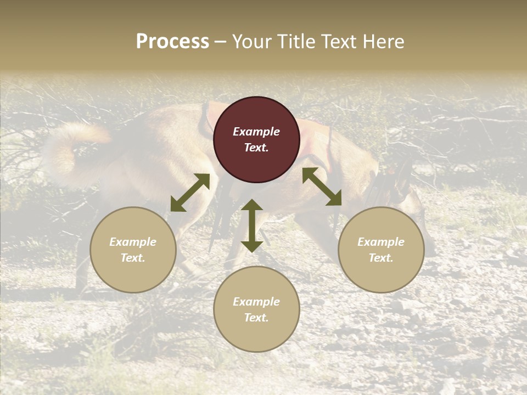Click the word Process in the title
tap(172, 42)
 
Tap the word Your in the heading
tap(253, 42)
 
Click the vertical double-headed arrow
tap(252, 225)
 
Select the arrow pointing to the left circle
tap(190, 193)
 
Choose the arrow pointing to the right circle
tap(322, 187)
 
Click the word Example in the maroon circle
tap(256, 132)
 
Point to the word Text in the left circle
tap(133, 258)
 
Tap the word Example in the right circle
tap(381, 242)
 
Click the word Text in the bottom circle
tap(256, 318)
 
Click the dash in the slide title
tap(220, 42)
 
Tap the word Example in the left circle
tap(133, 242)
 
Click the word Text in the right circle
tap(381, 258)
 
